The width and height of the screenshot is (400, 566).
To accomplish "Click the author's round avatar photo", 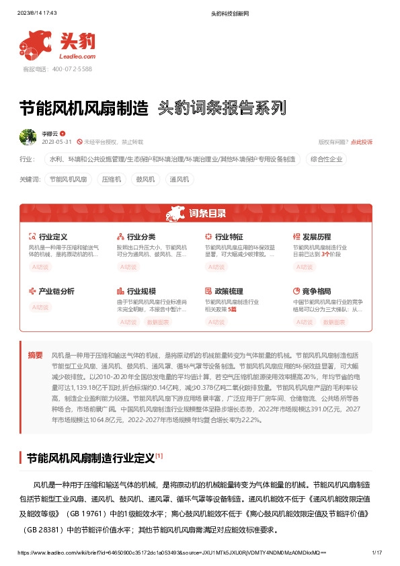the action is [28, 137].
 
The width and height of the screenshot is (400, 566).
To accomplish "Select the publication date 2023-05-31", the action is [56, 142].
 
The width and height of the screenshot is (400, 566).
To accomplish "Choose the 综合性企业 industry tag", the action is [326, 159].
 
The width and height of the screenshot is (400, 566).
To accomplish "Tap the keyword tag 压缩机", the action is [111, 179].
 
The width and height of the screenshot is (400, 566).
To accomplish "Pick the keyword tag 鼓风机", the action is [145, 179].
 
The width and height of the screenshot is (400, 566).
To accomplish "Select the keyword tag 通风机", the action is [179, 179].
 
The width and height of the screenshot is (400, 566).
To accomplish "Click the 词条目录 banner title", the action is [207, 214].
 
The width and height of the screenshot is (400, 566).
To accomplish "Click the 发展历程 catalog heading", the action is [316, 237].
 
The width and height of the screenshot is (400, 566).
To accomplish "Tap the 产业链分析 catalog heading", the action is [56, 291].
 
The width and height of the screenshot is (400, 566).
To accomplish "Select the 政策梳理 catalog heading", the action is [229, 291].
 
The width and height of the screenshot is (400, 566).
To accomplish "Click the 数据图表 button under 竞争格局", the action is [335, 322].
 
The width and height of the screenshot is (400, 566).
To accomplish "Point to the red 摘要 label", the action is [35, 354].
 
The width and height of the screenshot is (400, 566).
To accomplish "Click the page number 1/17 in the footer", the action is [376, 552].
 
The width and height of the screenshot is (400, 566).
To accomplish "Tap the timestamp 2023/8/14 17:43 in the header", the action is [36, 13].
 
